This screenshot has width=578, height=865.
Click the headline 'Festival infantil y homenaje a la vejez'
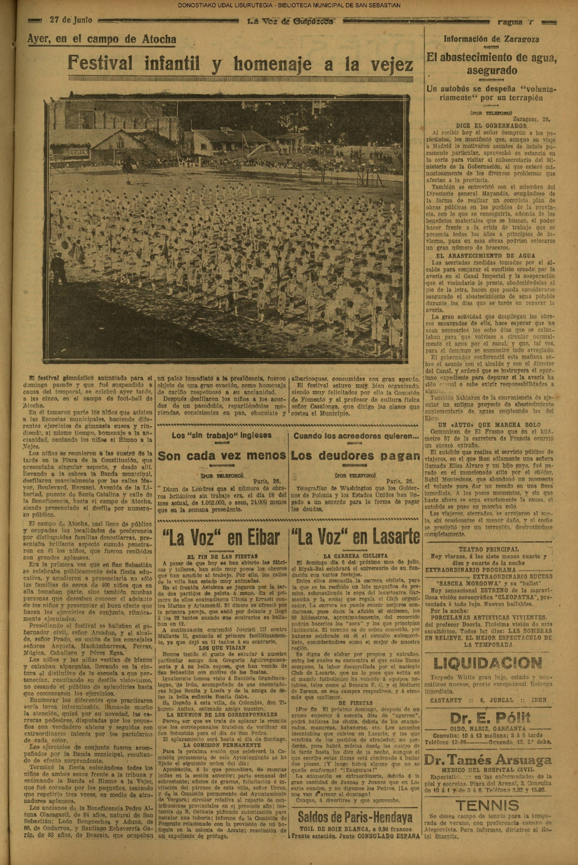(240, 64)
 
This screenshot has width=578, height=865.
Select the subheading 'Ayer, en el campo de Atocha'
(102, 39)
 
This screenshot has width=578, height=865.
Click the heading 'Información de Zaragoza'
(491, 39)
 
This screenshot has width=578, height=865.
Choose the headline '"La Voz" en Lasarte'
(355, 537)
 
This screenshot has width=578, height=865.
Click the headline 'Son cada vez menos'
(222, 456)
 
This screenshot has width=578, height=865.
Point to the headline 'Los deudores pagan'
(355, 456)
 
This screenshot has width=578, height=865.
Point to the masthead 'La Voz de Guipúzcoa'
(290, 22)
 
